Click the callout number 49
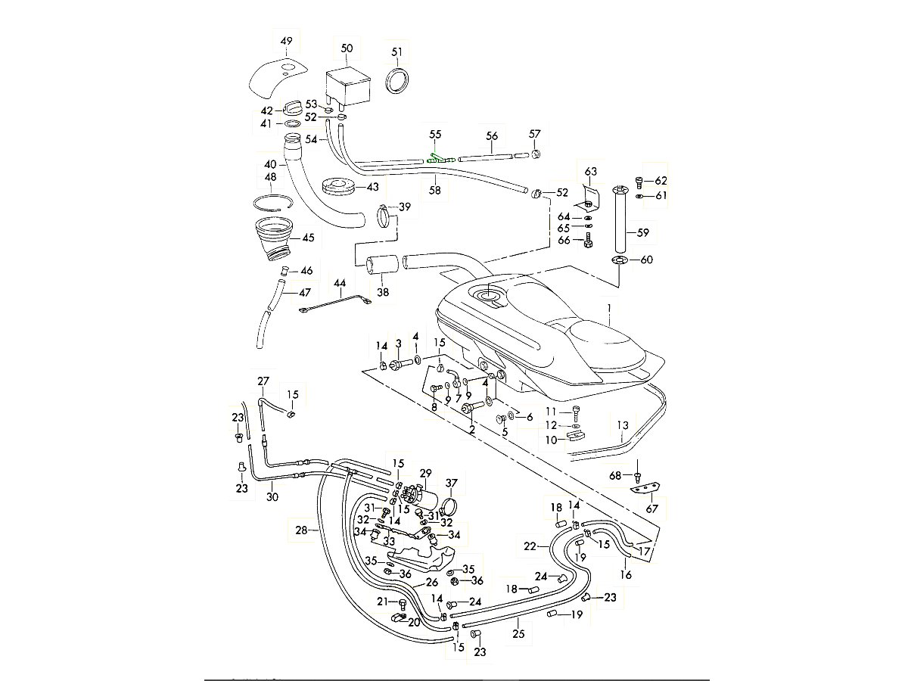pyautogui.click(x=286, y=41)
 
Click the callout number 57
pyautogui.click(x=535, y=134)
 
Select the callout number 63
pyautogui.click(x=590, y=171)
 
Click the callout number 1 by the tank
pyautogui.click(x=607, y=309)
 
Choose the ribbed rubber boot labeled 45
pyautogui.click(x=274, y=236)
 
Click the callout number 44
pyautogui.click(x=340, y=283)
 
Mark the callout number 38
pyautogui.click(x=383, y=291)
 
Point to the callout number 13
pyautogui.click(x=623, y=425)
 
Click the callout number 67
pyautogui.click(x=651, y=508)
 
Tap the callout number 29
pyautogui.click(x=425, y=473)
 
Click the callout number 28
pyautogui.click(x=302, y=531)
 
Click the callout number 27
pyautogui.click(x=263, y=381)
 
